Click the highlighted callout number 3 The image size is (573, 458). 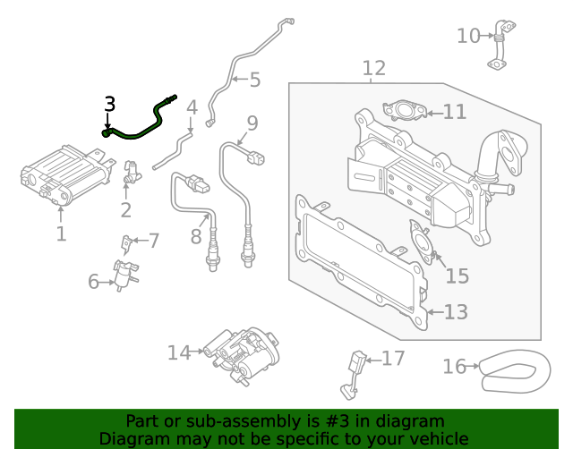click(x=109, y=105)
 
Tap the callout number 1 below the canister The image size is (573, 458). click(x=61, y=234)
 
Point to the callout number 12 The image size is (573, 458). click(x=373, y=68)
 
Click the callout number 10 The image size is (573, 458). click(x=468, y=36)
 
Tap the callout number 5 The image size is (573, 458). click(x=254, y=81)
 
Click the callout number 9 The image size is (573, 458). click(x=252, y=123)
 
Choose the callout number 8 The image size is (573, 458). click(x=196, y=237)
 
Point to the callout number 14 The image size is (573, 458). click(x=179, y=352)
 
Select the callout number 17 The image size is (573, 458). click(x=393, y=359)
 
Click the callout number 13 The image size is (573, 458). click(x=456, y=311)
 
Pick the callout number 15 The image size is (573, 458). click(x=457, y=276)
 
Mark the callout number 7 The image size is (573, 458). click(x=153, y=241)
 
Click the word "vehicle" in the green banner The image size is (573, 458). click(x=433, y=438)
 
